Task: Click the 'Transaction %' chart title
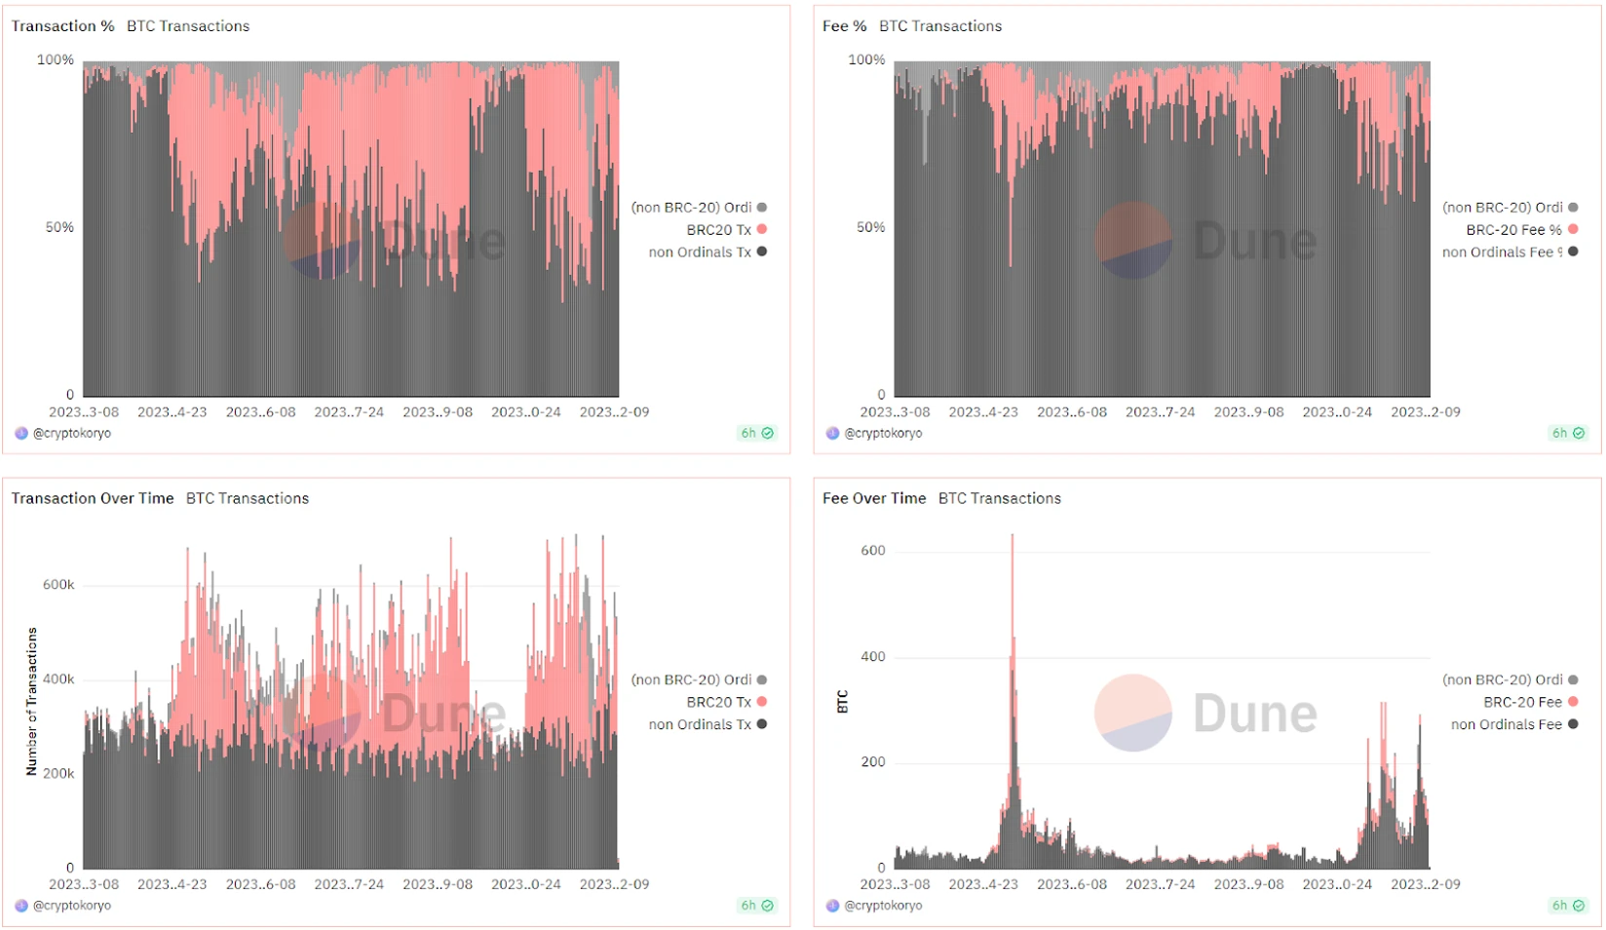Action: [x=62, y=26]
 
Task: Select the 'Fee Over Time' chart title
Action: [x=874, y=498]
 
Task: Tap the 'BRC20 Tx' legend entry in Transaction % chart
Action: [x=719, y=230]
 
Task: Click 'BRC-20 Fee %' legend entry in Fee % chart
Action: [x=1513, y=230]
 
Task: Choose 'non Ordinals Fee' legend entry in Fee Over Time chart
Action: [x=1507, y=724]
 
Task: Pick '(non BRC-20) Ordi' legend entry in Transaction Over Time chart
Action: [x=692, y=679]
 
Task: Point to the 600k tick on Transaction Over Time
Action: [x=58, y=585]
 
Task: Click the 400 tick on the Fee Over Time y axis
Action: [x=873, y=657]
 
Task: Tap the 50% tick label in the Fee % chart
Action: [x=870, y=227]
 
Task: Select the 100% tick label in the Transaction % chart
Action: [x=56, y=59]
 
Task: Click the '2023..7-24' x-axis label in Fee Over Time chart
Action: [x=1160, y=884]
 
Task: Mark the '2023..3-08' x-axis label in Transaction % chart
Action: [x=84, y=412]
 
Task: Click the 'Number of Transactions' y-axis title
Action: [x=31, y=702]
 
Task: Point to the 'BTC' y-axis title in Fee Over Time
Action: [x=843, y=702]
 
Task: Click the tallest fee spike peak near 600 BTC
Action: [x=1013, y=536]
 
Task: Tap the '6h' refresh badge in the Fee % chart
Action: [x=1567, y=433]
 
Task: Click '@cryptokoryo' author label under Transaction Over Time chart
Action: [x=72, y=906]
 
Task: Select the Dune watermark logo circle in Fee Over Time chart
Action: [x=1132, y=713]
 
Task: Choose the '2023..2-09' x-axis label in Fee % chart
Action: [x=1425, y=412]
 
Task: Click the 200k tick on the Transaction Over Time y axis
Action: [x=58, y=774]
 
